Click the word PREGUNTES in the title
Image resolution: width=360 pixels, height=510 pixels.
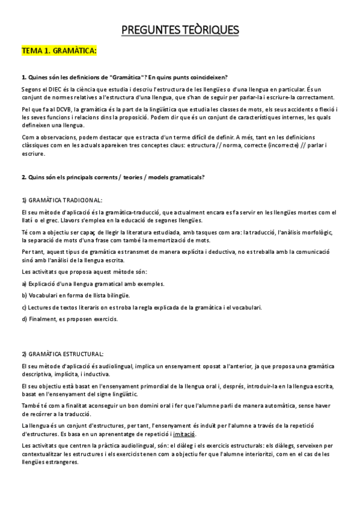click(x=151, y=29)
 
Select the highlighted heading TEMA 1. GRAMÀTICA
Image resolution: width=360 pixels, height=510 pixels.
click(x=59, y=52)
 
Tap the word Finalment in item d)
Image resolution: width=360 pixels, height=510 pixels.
click(x=40, y=319)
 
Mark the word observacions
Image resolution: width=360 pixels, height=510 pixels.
click(x=58, y=136)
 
